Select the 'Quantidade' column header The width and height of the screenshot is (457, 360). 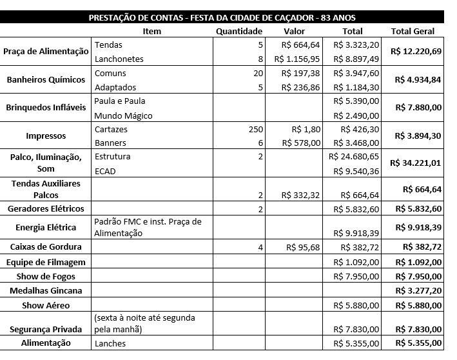(x=239, y=31)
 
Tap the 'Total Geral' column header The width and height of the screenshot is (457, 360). (x=413, y=31)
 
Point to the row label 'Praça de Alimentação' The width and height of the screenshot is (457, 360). (x=45, y=52)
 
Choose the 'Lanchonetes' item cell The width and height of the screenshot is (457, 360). (x=119, y=59)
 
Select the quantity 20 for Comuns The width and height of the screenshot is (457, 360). (x=258, y=74)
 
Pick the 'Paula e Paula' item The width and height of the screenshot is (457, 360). (x=120, y=101)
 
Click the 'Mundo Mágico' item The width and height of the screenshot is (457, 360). (x=123, y=115)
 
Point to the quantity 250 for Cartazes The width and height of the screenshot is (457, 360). (x=255, y=130)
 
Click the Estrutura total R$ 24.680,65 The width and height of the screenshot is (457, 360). (x=354, y=157)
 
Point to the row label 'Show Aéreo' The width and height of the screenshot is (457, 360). (x=46, y=305)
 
